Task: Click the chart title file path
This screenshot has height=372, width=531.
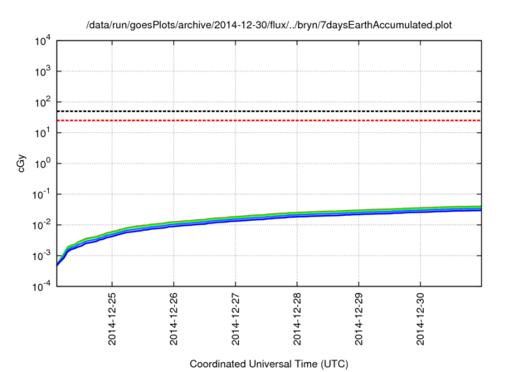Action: tap(270, 25)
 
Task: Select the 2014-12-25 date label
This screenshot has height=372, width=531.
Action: tap(112, 319)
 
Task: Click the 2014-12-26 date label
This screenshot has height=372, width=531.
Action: tap(173, 319)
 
